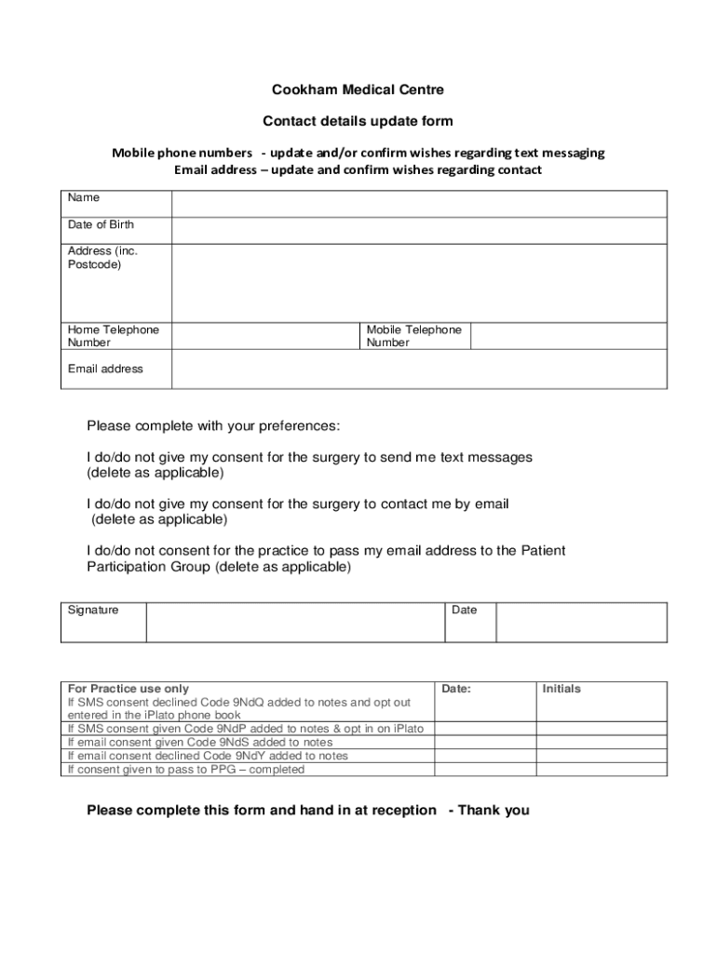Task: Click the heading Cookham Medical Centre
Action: (x=358, y=90)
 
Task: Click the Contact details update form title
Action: (x=358, y=121)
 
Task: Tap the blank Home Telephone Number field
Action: (x=265, y=336)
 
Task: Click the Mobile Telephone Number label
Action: (x=413, y=336)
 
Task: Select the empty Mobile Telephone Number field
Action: (x=568, y=336)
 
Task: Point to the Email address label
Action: (x=105, y=369)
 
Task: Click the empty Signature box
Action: (x=295, y=622)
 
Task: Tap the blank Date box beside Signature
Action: (x=581, y=622)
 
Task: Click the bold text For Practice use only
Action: (x=129, y=690)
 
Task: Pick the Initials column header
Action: (x=561, y=690)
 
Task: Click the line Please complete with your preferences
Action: (x=213, y=426)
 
